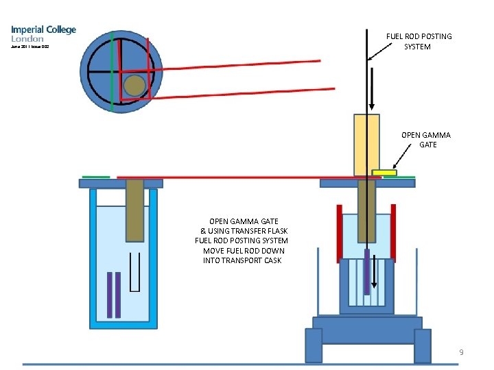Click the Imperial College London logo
[43, 34]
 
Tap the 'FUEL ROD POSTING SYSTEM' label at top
[419, 41]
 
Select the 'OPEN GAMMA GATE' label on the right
[426, 140]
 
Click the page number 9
[462, 352]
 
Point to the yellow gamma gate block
[384, 173]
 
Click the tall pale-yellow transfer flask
[366, 144]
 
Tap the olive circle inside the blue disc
[134, 84]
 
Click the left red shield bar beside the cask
[339, 233]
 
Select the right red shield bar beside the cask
[393, 233]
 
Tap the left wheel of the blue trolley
[314, 345]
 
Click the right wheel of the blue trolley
[423, 345]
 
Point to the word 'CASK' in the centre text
[271, 260]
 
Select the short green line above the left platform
[96, 176]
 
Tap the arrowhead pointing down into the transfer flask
[372, 106]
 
